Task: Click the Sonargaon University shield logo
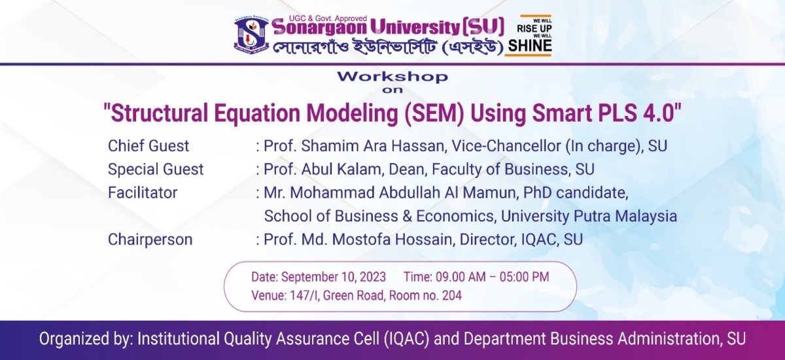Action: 252,34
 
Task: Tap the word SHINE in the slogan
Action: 530,46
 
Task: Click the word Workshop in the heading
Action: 392,77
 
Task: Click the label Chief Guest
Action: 148,146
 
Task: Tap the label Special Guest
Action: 156,170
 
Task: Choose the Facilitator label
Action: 143,193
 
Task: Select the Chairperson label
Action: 150,240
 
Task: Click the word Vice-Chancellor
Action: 506,146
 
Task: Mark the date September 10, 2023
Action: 333,278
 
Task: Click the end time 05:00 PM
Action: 524,277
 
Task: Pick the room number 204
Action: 452,295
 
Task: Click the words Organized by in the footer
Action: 84,339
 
